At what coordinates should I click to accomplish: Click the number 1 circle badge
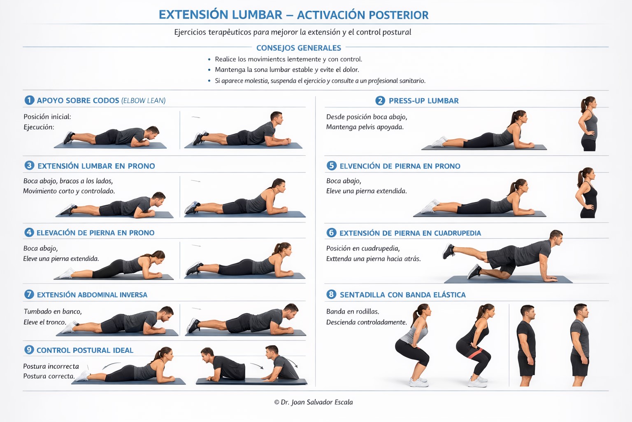pyautogui.click(x=29, y=100)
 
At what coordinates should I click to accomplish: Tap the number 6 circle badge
pyautogui.click(x=331, y=232)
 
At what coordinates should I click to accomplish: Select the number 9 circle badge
pyautogui.click(x=29, y=349)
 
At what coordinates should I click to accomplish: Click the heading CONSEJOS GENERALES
pyautogui.click(x=298, y=48)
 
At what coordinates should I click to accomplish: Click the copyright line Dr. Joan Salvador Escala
pyautogui.click(x=314, y=402)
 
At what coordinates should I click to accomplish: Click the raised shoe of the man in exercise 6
pyautogui.click(x=448, y=251)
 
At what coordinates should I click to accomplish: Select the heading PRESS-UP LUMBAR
pyautogui.click(x=423, y=101)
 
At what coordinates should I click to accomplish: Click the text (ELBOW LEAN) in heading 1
pyautogui.click(x=143, y=100)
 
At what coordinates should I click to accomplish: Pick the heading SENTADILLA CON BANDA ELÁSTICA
pyautogui.click(x=403, y=295)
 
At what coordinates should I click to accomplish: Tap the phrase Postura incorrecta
pyautogui.click(x=51, y=366)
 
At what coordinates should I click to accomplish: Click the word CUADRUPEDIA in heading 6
pyautogui.click(x=458, y=233)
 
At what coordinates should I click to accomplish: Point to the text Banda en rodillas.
pyautogui.click(x=353, y=311)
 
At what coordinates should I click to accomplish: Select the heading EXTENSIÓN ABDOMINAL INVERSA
pyautogui.click(x=92, y=295)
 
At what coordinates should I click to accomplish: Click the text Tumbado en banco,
pyautogui.click(x=53, y=311)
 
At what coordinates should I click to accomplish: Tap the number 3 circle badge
pyautogui.click(x=29, y=165)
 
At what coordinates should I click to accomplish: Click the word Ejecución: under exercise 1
pyautogui.click(x=39, y=127)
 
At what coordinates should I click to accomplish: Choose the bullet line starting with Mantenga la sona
pyautogui.click(x=287, y=70)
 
